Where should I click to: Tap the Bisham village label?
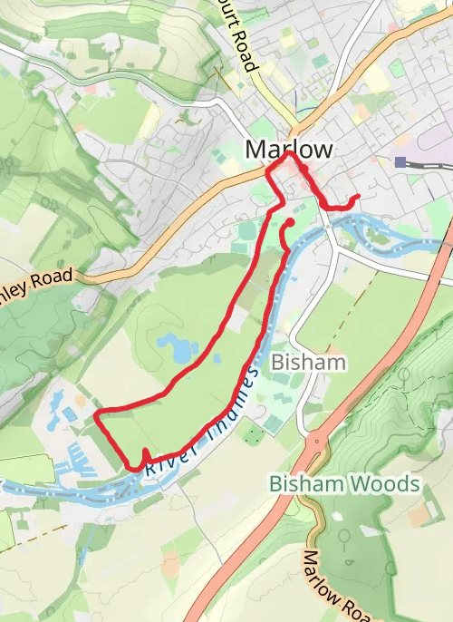pos(309,363)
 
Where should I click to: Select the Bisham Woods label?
pos(345,484)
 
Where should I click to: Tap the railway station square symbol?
pos(400,161)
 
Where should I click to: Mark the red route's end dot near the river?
pos(291,222)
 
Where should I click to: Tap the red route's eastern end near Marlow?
pos(358,197)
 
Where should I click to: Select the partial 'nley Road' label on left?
pos(36,280)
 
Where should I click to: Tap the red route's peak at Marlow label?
pos(289,154)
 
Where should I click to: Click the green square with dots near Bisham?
pos(254,435)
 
